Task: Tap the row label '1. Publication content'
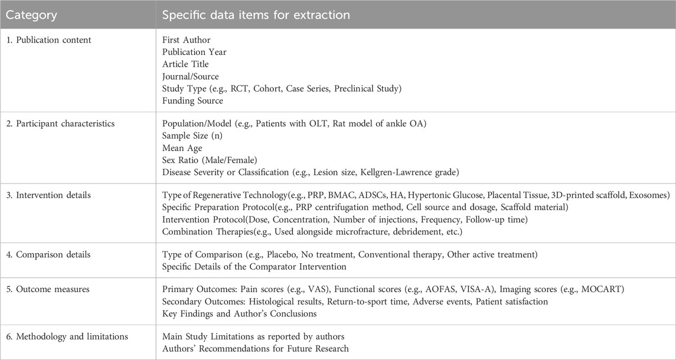47,40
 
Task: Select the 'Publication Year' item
194,52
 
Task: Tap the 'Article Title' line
185,64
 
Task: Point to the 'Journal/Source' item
190,76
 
